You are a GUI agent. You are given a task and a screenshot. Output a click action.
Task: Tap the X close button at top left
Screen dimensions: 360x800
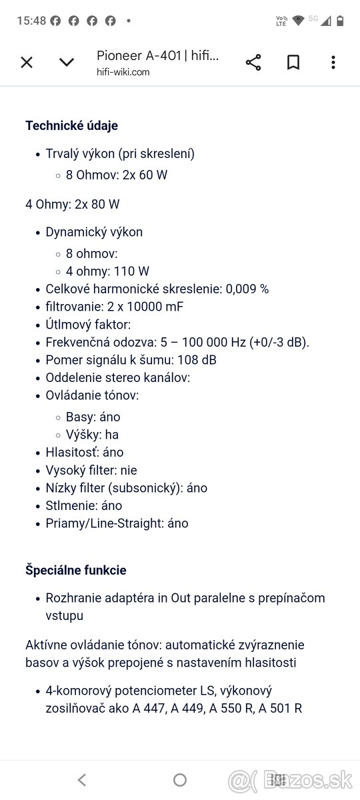pyautogui.click(x=27, y=63)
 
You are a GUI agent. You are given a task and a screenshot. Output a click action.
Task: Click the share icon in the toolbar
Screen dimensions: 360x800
pyautogui.click(x=253, y=63)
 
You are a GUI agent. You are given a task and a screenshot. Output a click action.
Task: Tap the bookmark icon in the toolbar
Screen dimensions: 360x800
pyautogui.click(x=293, y=63)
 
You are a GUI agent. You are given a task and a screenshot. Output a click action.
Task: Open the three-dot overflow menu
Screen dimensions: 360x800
pyautogui.click(x=333, y=63)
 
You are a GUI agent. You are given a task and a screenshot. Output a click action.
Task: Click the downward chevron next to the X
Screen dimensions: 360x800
pyautogui.click(x=67, y=63)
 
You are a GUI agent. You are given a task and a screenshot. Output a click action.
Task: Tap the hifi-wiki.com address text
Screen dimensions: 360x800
pyautogui.click(x=123, y=72)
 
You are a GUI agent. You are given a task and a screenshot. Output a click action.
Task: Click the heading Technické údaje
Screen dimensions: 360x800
pyautogui.click(x=71, y=125)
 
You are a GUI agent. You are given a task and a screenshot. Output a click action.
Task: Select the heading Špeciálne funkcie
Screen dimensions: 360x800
pyautogui.click(x=75, y=570)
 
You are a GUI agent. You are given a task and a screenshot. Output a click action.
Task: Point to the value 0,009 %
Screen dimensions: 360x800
pyautogui.click(x=247, y=289)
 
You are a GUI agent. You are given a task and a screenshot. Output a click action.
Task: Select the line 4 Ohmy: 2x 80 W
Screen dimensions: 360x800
pyautogui.click(x=73, y=204)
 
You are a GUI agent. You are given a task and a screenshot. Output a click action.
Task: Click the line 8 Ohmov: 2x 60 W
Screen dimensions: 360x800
pyautogui.click(x=117, y=175)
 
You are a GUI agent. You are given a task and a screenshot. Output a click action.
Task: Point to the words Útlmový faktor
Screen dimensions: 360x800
pyautogui.click(x=88, y=325)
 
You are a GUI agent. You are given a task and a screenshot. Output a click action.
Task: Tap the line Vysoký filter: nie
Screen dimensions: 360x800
pyautogui.click(x=91, y=470)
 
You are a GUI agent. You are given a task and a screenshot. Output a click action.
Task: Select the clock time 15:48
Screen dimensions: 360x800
pyautogui.click(x=31, y=21)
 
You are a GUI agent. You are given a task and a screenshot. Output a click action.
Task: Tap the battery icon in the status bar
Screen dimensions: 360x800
pyautogui.click(x=341, y=21)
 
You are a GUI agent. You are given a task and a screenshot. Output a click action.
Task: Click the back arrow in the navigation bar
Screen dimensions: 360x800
pyautogui.click(x=81, y=779)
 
